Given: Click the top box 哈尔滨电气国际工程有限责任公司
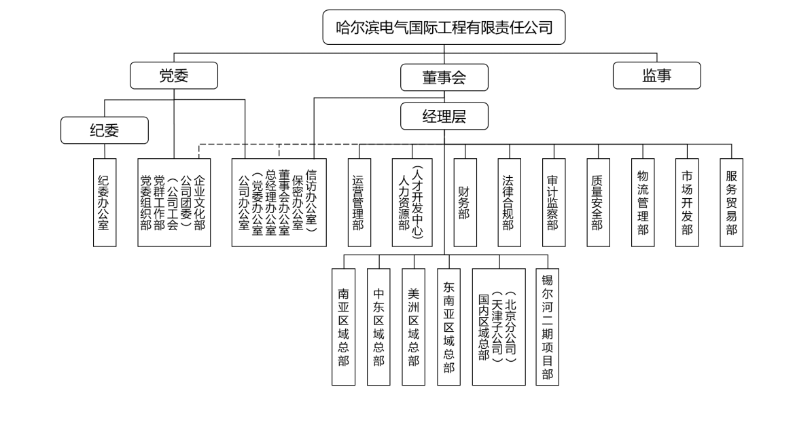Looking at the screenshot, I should pos(444,28).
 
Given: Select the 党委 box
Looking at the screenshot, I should pos(174,76).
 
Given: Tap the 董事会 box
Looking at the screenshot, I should pos(444,77).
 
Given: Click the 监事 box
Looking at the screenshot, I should pos(656,76).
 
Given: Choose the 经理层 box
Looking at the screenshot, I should pos(444,116).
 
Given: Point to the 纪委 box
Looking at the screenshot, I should pos(105,130).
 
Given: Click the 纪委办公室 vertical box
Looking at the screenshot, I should pos(105,202).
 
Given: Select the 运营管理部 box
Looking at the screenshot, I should pos(359,202).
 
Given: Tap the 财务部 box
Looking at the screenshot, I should pos(464,202).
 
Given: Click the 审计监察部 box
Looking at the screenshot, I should pos(553,202).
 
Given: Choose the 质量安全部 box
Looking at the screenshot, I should pos(598,202).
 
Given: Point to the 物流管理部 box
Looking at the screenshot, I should pos(643,202).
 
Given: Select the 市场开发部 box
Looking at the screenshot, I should pos(688,202).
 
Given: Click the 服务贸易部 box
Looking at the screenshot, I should pos(731,202).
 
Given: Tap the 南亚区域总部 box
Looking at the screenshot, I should pos(344,327).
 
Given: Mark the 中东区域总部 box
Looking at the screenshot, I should pos(378,327).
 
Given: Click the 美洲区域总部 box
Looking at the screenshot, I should pos(413,327).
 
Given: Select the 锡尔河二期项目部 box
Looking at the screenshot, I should pos(547,327).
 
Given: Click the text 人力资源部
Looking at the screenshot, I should pos(406,202).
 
